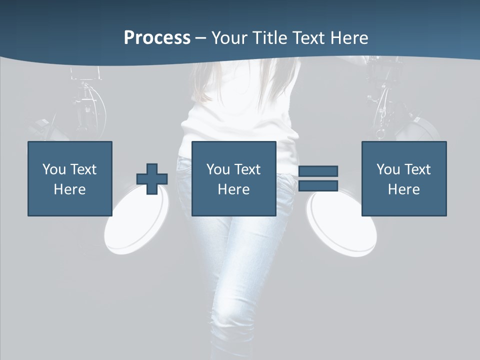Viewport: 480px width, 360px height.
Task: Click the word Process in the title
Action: tap(157, 38)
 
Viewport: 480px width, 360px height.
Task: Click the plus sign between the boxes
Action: tap(152, 178)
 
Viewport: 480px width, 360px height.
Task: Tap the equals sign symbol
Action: tap(318, 178)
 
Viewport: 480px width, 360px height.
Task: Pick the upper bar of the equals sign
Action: tap(318, 171)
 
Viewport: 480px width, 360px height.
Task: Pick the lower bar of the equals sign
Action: tap(318, 186)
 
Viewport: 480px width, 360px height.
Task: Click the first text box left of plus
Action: tap(70, 178)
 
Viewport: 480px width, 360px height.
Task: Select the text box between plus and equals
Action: tap(233, 178)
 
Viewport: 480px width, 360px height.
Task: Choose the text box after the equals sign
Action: tap(404, 178)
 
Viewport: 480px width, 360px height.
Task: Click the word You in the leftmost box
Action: tap(54, 169)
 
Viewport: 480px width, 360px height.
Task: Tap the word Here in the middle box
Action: tap(233, 189)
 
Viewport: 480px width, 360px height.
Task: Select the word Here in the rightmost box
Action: tap(404, 189)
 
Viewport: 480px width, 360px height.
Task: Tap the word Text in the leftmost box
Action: tap(83, 169)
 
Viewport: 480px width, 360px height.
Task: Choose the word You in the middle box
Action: tap(218, 169)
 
